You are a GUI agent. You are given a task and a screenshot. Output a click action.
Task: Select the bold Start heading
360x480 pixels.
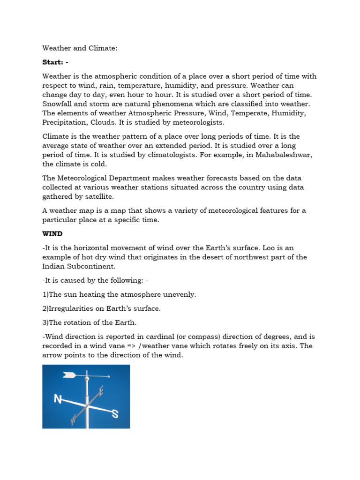click(55, 62)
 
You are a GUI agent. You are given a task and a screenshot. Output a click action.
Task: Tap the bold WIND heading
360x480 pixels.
click(52, 234)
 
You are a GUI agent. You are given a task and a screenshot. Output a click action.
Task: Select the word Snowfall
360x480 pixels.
click(59, 104)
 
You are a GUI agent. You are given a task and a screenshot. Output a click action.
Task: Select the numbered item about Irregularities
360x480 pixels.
click(101, 308)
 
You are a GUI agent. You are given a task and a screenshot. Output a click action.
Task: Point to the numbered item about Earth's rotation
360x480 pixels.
click(90, 322)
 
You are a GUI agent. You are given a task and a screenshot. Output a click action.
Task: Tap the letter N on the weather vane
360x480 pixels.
click(59, 399)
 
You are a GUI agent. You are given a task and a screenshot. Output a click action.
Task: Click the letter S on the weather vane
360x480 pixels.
click(115, 414)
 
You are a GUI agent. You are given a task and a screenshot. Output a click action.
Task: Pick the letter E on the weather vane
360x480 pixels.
click(100, 390)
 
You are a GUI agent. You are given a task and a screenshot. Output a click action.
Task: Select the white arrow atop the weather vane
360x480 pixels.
click(71, 375)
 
